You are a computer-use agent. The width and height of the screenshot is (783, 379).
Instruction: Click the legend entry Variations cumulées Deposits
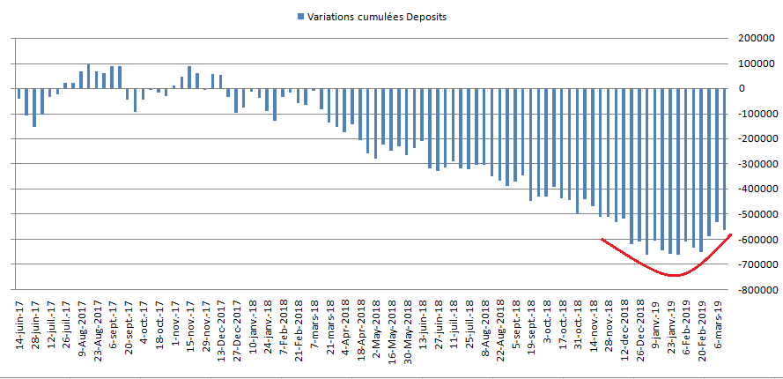coord(378,17)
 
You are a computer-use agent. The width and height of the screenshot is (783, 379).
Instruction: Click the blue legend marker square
coord(301,17)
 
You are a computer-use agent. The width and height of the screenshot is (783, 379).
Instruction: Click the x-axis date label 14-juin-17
coord(19,323)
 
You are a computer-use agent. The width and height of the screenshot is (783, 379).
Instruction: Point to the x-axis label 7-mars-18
coord(312,323)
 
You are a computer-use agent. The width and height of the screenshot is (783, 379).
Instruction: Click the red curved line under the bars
coord(674,275)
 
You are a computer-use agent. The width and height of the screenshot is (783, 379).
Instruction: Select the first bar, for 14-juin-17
coord(18,93)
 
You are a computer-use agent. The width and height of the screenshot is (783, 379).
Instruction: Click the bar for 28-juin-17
coord(34,108)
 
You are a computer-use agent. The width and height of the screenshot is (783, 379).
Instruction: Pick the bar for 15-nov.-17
coord(188,78)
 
